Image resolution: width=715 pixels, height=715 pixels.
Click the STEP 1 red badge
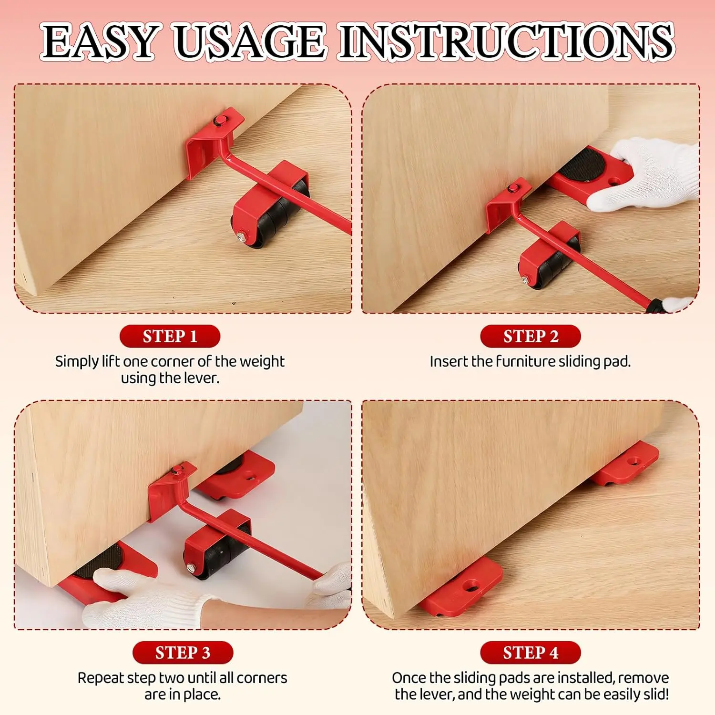[170, 337]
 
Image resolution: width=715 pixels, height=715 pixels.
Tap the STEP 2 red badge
[531, 337]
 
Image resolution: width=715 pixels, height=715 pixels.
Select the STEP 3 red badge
[183, 653]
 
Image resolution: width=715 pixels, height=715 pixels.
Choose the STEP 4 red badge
[531, 653]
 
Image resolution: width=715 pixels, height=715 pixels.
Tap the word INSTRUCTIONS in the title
[507, 42]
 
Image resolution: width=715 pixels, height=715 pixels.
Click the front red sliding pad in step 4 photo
[461, 587]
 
